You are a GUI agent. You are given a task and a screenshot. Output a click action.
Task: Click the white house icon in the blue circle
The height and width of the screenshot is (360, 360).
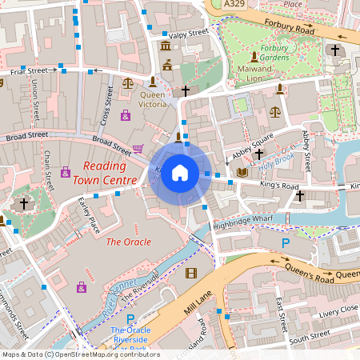[180, 173]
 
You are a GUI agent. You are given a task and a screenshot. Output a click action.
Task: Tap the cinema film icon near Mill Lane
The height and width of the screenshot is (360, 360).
[190, 273]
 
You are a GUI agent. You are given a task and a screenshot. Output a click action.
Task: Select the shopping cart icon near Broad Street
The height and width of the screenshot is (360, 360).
[138, 149]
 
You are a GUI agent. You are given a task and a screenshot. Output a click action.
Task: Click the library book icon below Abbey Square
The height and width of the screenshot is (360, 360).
[242, 172]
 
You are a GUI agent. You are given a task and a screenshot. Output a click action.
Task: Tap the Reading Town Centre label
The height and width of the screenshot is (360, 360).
[104, 172]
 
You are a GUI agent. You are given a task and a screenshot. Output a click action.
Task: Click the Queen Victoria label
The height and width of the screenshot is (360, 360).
[153, 99]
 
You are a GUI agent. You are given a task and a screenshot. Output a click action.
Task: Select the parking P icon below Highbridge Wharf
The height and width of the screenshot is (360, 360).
[285, 242]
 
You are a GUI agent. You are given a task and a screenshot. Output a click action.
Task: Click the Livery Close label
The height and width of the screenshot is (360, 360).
[337, 309]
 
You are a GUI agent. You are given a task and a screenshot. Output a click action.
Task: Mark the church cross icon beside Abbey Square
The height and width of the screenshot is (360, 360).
[259, 153]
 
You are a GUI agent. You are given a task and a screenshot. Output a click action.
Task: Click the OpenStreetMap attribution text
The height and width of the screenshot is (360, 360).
[80, 354]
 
